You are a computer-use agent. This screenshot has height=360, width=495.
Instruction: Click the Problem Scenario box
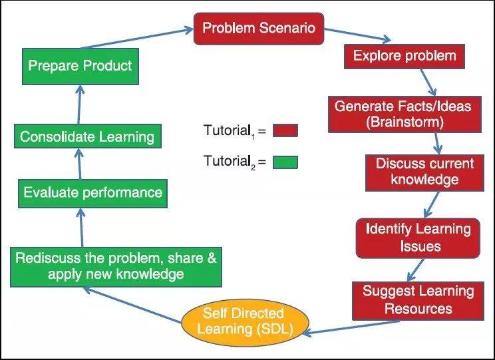pyautogui.click(x=258, y=29)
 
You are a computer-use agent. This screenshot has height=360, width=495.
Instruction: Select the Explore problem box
pyautogui.click(x=405, y=55)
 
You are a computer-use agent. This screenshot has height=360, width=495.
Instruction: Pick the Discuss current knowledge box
pyautogui.click(x=424, y=172)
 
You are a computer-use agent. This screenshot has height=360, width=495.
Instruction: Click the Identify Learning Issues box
pyautogui.click(x=417, y=238)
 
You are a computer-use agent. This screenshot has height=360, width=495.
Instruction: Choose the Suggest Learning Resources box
pyautogui.click(x=417, y=299)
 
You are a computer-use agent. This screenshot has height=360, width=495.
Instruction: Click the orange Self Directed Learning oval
pyautogui.click(x=243, y=320)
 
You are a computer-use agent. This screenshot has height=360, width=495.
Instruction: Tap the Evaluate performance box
pyautogui.click(x=92, y=193)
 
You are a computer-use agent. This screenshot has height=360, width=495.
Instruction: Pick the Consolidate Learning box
pyautogui.click(x=86, y=137)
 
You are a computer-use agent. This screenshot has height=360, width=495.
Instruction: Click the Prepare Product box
pyautogui.click(x=80, y=66)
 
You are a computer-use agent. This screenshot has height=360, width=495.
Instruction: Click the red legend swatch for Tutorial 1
pyautogui.click(x=285, y=130)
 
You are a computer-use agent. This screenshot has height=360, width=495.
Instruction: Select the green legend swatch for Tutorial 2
pyautogui.click(x=285, y=162)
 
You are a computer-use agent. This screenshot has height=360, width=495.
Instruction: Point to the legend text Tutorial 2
pyautogui.click(x=231, y=162)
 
